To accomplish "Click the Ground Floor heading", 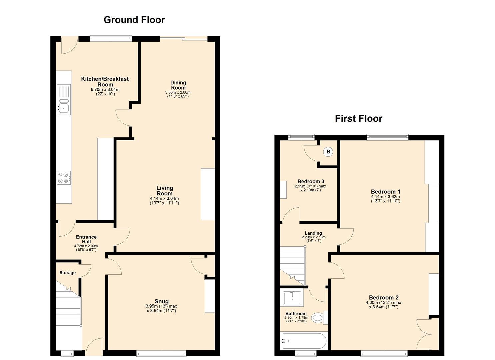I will (x=134, y=20).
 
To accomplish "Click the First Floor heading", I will (x=358, y=119).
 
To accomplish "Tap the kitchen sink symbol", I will (x=63, y=107).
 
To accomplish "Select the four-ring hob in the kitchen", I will (x=63, y=177).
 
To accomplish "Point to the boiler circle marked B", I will (x=328, y=152).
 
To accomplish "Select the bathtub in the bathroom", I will (x=304, y=341).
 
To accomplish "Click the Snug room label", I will (x=161, y=301).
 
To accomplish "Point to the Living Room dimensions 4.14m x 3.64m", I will (x=164, y=199).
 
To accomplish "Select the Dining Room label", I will (x=178, y=85).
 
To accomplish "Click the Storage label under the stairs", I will (x=67, y=273).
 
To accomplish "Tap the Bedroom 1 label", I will (x=385, y=192).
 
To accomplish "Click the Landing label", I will (x=313, y=233).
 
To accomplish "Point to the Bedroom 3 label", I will (x=311, y=181).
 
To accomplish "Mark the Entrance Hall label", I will (x=86, y=239).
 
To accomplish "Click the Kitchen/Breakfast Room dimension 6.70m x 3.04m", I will (x=105, y=90).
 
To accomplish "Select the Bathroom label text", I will (x=296, y=314).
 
